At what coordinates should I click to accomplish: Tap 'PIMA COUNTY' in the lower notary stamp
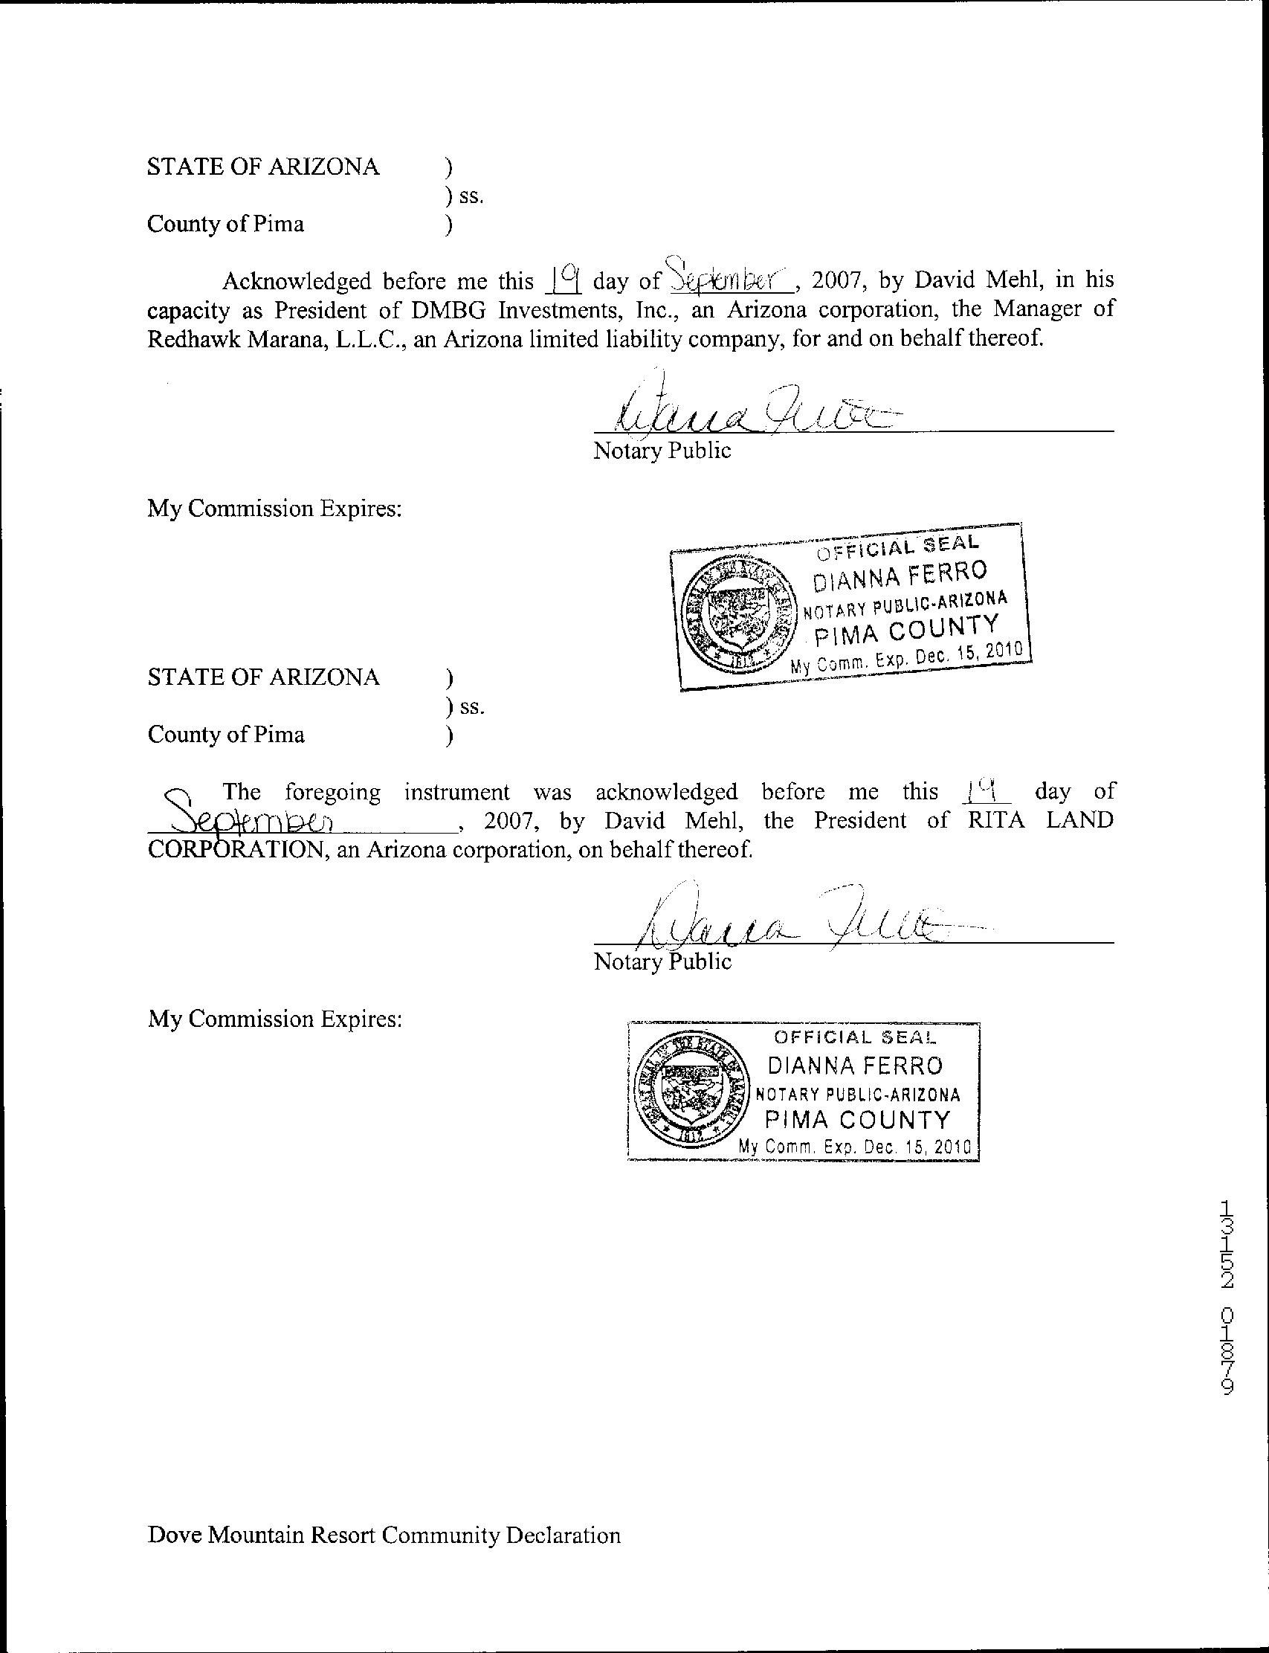coord(858,1119)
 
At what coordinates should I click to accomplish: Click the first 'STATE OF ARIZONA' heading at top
coord(263,167)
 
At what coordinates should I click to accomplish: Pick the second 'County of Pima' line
coord(226,735)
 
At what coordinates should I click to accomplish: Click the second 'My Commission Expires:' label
coord(275,1019)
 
